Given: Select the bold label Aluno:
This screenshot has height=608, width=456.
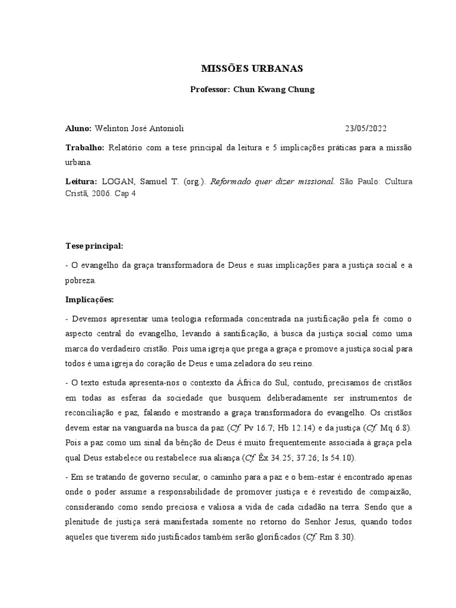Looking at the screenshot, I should coord(78,128).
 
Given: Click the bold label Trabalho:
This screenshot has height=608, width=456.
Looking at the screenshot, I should coord(85,147).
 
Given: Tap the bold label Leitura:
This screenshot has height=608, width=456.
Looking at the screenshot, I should coord(83,182).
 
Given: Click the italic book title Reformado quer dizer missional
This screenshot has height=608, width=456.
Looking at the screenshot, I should coord(266,182).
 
